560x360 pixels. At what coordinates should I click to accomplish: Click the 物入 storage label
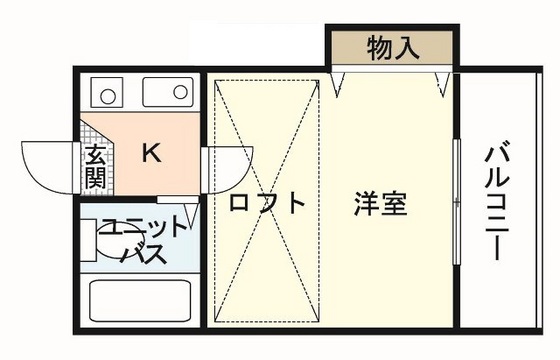click(x=393, y=46)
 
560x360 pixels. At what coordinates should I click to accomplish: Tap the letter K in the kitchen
click(x=151, y=152)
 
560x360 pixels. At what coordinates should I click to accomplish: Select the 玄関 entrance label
click(x=96, y=167)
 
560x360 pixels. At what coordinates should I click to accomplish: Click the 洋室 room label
click(x=380, y=203)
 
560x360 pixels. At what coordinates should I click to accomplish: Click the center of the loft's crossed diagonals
click(x=266, y=200)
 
